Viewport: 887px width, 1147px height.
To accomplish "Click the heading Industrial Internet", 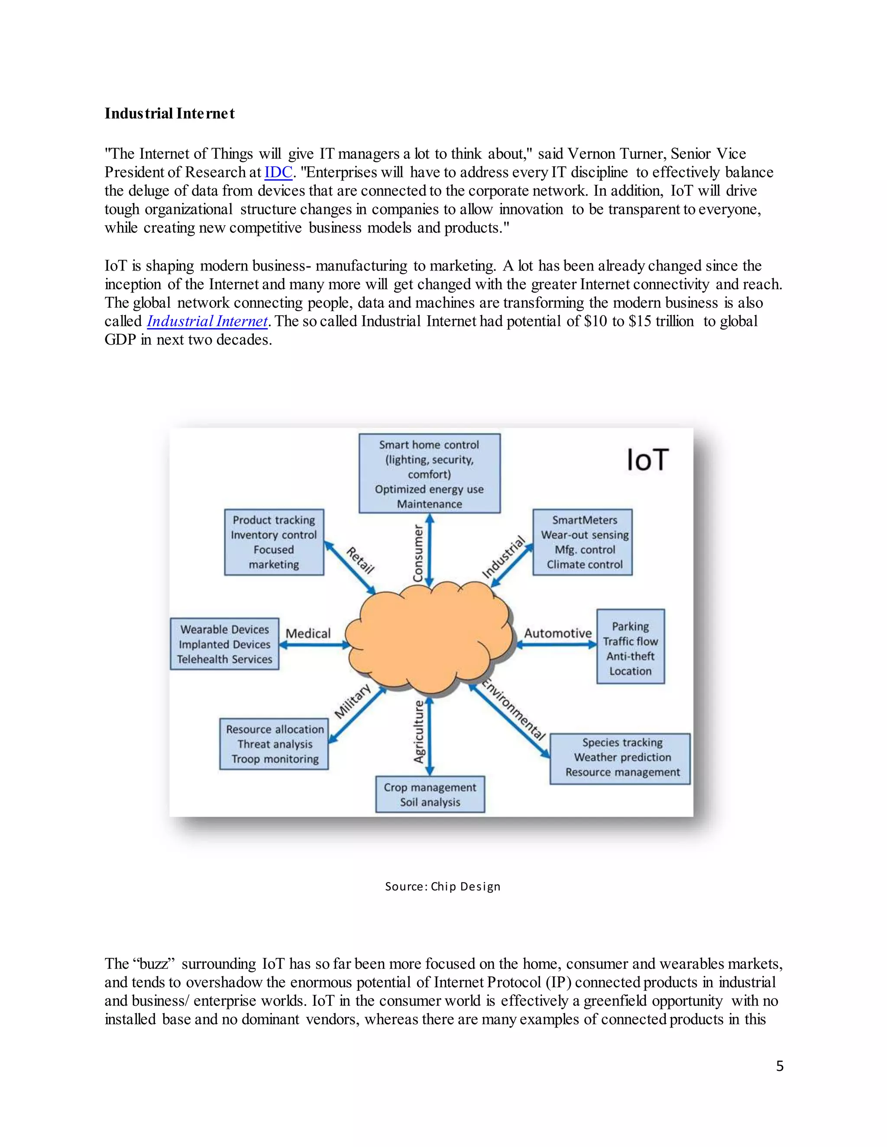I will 169,113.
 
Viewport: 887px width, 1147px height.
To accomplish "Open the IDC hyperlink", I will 278,172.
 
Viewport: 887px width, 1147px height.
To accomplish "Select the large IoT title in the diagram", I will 647,460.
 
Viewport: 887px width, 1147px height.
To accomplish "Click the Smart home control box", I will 429,473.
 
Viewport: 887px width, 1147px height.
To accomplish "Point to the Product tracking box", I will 274,542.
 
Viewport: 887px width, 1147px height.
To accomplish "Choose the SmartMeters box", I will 582,542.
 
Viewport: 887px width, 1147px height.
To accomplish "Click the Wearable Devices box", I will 224,644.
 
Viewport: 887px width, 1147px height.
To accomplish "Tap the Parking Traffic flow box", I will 630,647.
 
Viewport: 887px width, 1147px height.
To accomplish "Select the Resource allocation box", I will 274,744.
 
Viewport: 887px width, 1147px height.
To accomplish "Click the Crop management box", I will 430,794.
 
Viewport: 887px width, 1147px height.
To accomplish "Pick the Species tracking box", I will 620,758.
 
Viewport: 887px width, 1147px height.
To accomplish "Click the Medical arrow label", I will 308,633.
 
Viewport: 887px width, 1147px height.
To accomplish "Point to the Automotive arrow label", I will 557,633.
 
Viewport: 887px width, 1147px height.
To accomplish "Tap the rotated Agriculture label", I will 419,731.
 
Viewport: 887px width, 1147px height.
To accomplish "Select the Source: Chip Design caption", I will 443,886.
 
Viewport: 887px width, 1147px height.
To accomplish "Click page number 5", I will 779,1066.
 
